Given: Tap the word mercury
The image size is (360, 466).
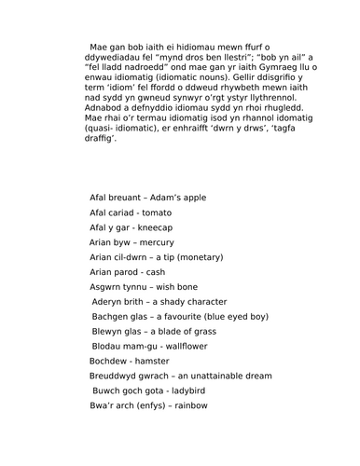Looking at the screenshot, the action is (157, 242).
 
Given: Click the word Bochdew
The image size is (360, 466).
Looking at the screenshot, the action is (108, 362).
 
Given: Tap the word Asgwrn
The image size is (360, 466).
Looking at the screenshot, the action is (108, 287).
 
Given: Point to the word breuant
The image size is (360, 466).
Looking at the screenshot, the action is (126, 198).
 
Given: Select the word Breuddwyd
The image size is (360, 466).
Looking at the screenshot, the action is (115, 377).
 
